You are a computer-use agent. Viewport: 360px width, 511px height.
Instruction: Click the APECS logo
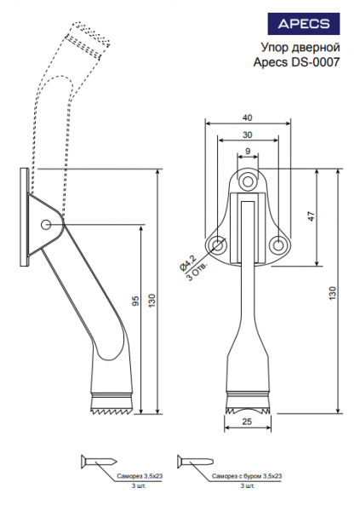coord(304,24)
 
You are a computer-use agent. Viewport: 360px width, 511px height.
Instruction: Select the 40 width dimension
coord(248,118)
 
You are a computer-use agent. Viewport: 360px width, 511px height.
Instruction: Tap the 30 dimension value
coord(248,135)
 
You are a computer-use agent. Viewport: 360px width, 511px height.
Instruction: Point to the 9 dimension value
coord(248,152)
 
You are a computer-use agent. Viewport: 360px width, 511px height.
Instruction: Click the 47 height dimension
coord(311,216)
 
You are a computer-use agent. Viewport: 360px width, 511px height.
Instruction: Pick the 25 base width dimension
coord(248,422)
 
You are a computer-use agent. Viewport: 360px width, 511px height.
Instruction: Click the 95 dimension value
coord(136,301)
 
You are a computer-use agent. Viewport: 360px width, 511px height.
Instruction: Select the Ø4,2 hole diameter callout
coord(188,263)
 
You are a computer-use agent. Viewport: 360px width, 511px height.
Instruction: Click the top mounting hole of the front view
coord(248,181)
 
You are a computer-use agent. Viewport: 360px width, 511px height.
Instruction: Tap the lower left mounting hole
coord(218,244)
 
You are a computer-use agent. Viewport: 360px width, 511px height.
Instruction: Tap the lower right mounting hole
coord(277,244)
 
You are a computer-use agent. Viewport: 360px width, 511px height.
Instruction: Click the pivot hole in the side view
coord(46,224)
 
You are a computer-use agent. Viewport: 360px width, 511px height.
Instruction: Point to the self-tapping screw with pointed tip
coord(99,462)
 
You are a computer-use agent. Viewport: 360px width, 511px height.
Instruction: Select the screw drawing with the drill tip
coord(196,462)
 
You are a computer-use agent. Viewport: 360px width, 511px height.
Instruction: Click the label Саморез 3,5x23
coord(140,476)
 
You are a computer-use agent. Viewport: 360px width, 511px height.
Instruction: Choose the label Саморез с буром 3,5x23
coord(247,476)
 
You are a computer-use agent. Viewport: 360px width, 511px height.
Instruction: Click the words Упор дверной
coord(300,48)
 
